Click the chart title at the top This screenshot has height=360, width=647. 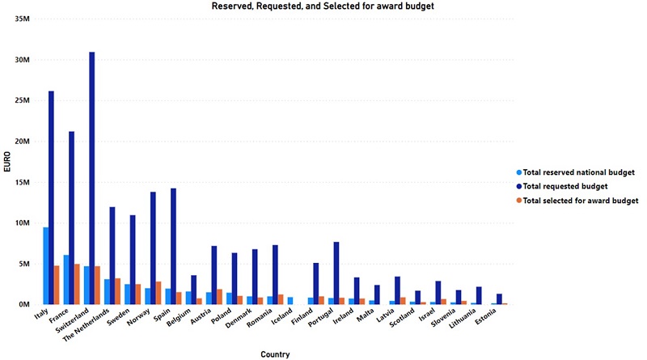point(324,6)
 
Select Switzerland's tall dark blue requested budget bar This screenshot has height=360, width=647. point(92,178)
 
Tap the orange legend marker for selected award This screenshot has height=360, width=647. point(518,200)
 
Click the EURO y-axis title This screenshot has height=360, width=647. point(7,161)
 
